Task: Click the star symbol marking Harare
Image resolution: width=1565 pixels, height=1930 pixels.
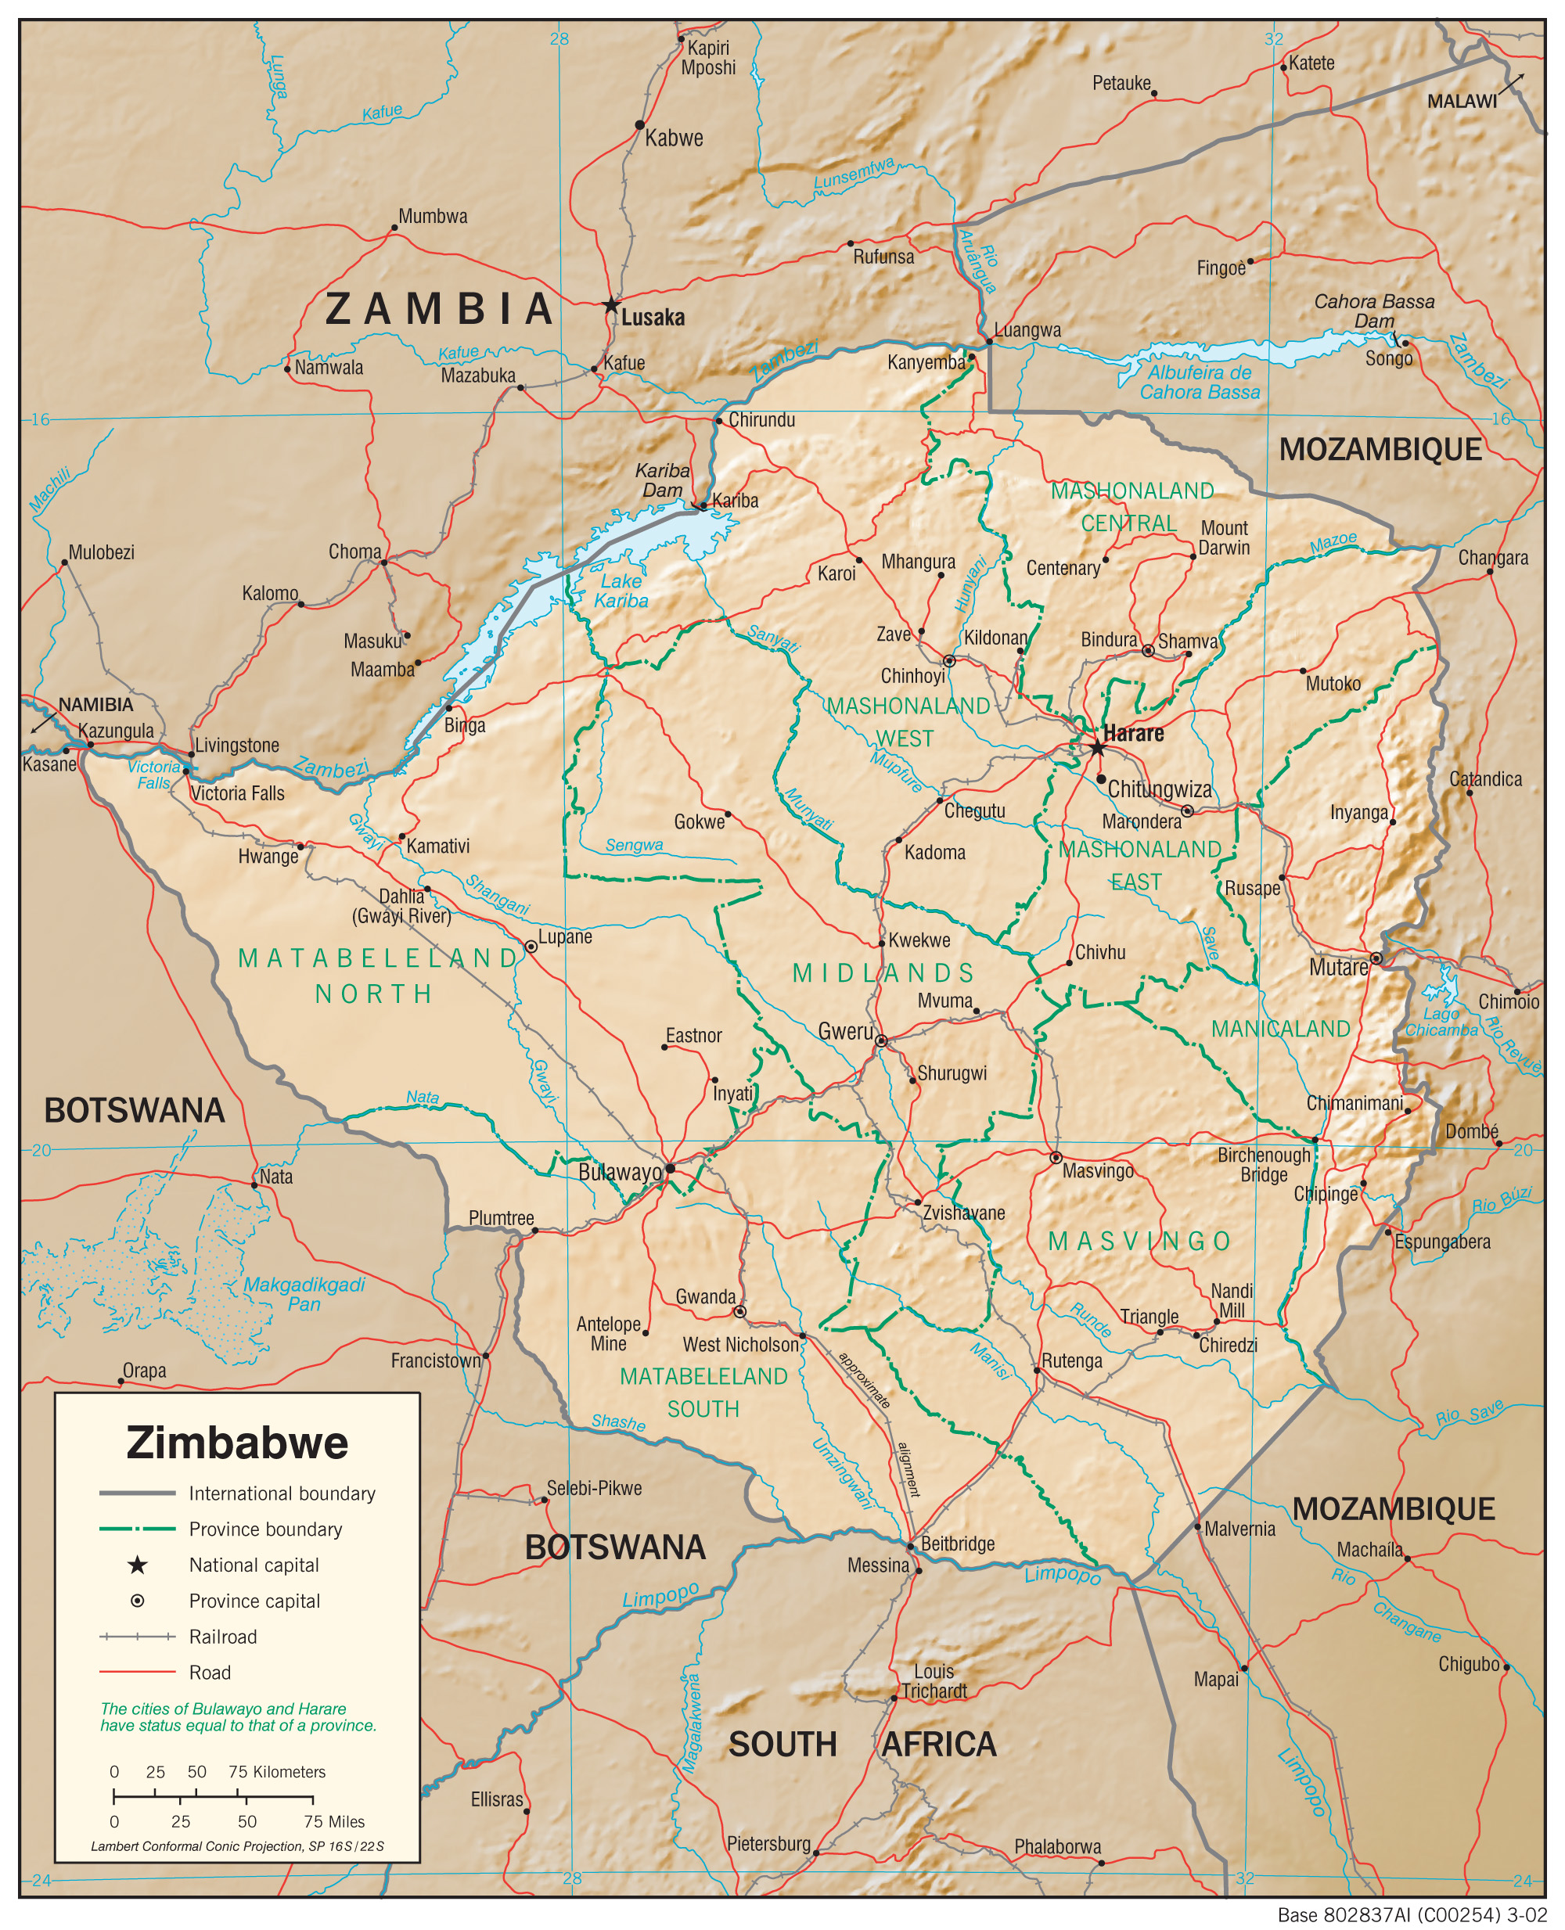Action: coord(1097,748)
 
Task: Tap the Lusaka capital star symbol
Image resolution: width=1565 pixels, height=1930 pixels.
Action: coord(611,304)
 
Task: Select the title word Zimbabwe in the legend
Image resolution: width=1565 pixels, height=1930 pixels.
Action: coord(237,1443)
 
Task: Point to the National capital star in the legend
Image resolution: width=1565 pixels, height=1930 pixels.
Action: coord(137,1565)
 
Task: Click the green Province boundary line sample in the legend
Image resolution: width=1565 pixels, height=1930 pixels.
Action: coord(137,1529)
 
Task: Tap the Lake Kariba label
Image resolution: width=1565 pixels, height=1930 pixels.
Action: coord(621,591)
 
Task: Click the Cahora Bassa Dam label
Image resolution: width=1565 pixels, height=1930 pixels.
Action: coord(1373,311)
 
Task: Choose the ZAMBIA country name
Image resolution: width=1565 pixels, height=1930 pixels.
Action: coord(439,309)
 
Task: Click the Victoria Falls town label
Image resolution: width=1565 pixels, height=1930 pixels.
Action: coord(237,793)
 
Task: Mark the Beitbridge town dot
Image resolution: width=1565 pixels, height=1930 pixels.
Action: coord(911,1544)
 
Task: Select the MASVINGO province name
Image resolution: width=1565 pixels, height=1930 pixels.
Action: coord(1139,1242)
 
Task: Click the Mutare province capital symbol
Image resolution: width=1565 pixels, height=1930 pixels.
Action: coord(1376,958)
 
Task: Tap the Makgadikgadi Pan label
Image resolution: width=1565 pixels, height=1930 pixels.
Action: coord(304,1294)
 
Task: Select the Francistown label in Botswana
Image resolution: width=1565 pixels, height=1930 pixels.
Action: coord(435,1360)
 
